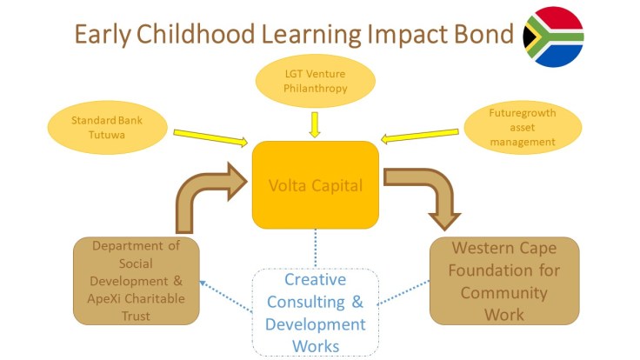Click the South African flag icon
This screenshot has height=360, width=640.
coord(554,37)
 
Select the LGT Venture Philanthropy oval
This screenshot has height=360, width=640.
coord(316,81)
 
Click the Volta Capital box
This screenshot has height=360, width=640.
coord(316,184)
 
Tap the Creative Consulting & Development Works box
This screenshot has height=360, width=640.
coord(316,311)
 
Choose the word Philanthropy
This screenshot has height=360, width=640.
coord(316,88)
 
